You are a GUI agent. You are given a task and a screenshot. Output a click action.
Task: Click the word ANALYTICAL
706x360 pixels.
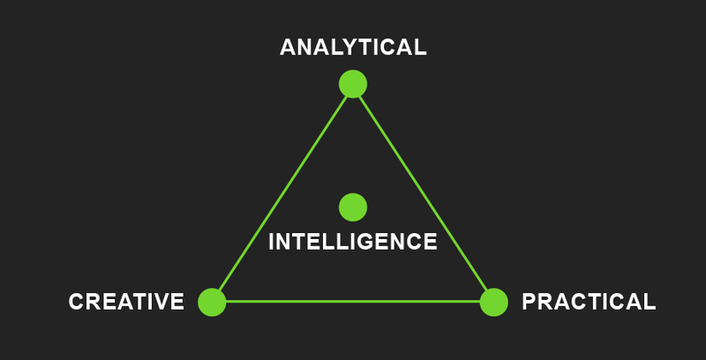(x=353, y=48)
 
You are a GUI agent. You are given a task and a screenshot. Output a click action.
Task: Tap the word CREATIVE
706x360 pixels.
(x=126, y=302)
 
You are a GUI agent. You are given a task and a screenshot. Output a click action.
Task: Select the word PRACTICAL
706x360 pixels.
(x=589, y=302)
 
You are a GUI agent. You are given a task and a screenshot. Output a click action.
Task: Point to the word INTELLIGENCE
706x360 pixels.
(x=352, y=242)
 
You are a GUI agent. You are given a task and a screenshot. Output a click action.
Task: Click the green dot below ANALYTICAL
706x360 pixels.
(x=353, y=84)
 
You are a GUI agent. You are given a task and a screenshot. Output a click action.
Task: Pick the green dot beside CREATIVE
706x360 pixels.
(x=212, y=302)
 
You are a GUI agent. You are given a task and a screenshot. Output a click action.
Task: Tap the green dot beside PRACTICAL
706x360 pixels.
(x=494, y=302)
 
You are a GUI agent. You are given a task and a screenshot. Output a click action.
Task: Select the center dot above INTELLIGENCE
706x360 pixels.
(x=353, y=207)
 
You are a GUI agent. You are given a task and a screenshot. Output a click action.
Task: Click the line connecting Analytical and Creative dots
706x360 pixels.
(x=282, y=193)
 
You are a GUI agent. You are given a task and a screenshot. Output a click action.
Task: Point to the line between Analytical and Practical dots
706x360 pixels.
(x=424, y=193)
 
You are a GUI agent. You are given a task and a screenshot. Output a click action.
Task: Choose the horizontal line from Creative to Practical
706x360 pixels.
(x=353, y=302)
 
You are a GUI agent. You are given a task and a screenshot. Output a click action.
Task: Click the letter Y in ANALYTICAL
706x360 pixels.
(x=345, y=48)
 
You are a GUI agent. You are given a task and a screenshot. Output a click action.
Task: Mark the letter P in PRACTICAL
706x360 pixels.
(x=529, y=302)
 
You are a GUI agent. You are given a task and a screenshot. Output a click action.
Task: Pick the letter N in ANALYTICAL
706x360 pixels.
(x=304, y=48)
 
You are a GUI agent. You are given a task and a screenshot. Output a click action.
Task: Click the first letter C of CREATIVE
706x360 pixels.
(x=77, y=302)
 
